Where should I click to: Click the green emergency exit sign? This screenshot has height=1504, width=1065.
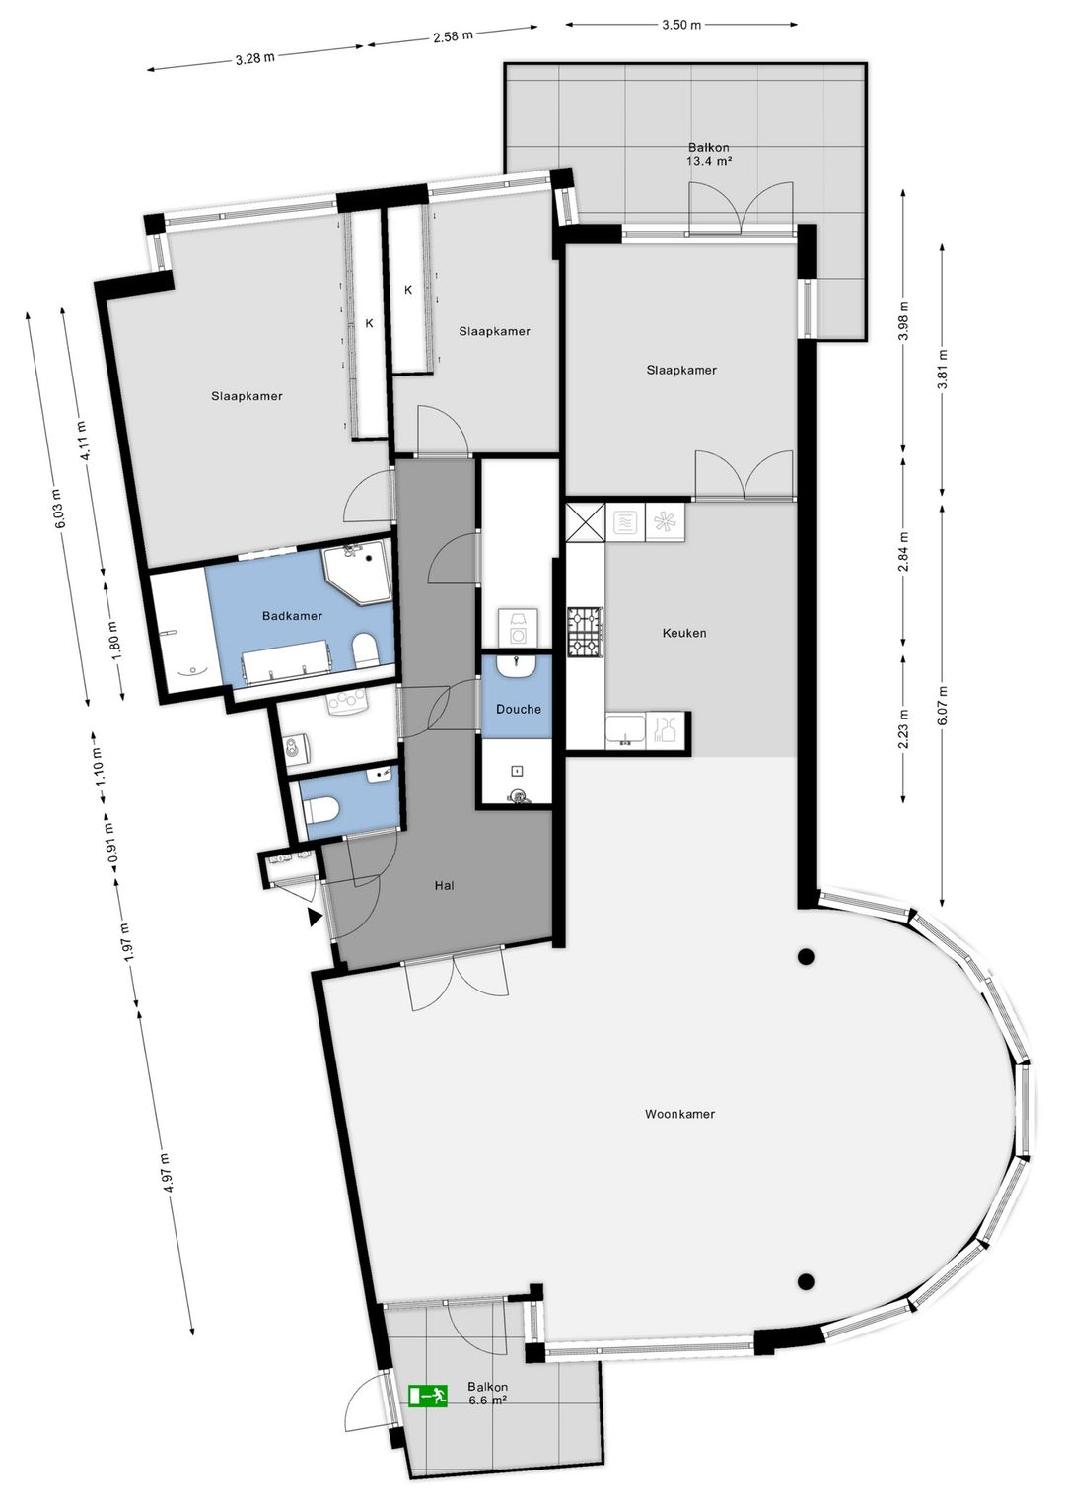point(428,1395)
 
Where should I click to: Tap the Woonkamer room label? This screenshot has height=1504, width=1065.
point(679,1114)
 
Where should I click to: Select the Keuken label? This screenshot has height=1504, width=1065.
point(684,633)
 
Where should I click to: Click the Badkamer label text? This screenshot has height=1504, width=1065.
point(292,616)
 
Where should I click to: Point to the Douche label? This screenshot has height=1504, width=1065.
point(519,709)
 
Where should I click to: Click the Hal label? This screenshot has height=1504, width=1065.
point(445,885)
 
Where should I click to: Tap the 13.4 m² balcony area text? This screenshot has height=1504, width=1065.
point(709,161)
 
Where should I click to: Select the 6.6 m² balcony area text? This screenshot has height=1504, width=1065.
point(488,1400)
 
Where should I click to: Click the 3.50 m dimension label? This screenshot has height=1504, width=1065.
point(681,25)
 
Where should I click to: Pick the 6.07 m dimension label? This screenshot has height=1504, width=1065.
point(943,706)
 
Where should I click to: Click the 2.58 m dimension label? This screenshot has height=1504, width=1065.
point(453,36)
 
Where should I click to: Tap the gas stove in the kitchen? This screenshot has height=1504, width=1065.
point(584,632)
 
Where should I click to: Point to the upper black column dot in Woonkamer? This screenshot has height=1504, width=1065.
point(806,956)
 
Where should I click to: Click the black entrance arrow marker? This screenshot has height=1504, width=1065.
point(315,918)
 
